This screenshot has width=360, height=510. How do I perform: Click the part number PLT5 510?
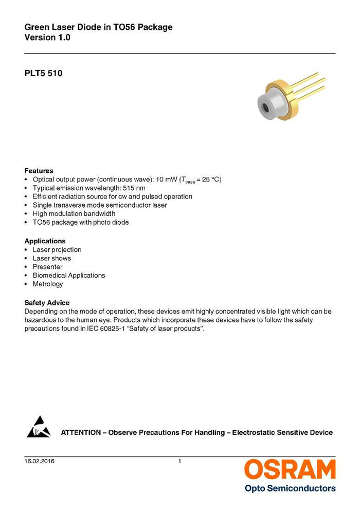click(43, 74)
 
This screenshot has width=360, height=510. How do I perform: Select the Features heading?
click(39, 171)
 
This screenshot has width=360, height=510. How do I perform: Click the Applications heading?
click(45, 241)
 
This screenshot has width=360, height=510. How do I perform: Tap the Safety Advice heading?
click(47, 303)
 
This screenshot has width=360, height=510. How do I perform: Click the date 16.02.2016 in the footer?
click(40, 461)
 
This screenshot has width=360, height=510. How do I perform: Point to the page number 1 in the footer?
click(179, 461)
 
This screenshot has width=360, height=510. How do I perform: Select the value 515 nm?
click(134, 188)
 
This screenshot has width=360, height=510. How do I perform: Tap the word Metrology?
click(48, 284)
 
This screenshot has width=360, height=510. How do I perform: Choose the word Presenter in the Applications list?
click(47, 267)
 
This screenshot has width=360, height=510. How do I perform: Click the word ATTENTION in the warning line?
click(81, 432)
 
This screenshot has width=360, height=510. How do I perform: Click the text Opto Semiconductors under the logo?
click(290, 488)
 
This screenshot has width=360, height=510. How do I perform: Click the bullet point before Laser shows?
click(26, 259)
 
